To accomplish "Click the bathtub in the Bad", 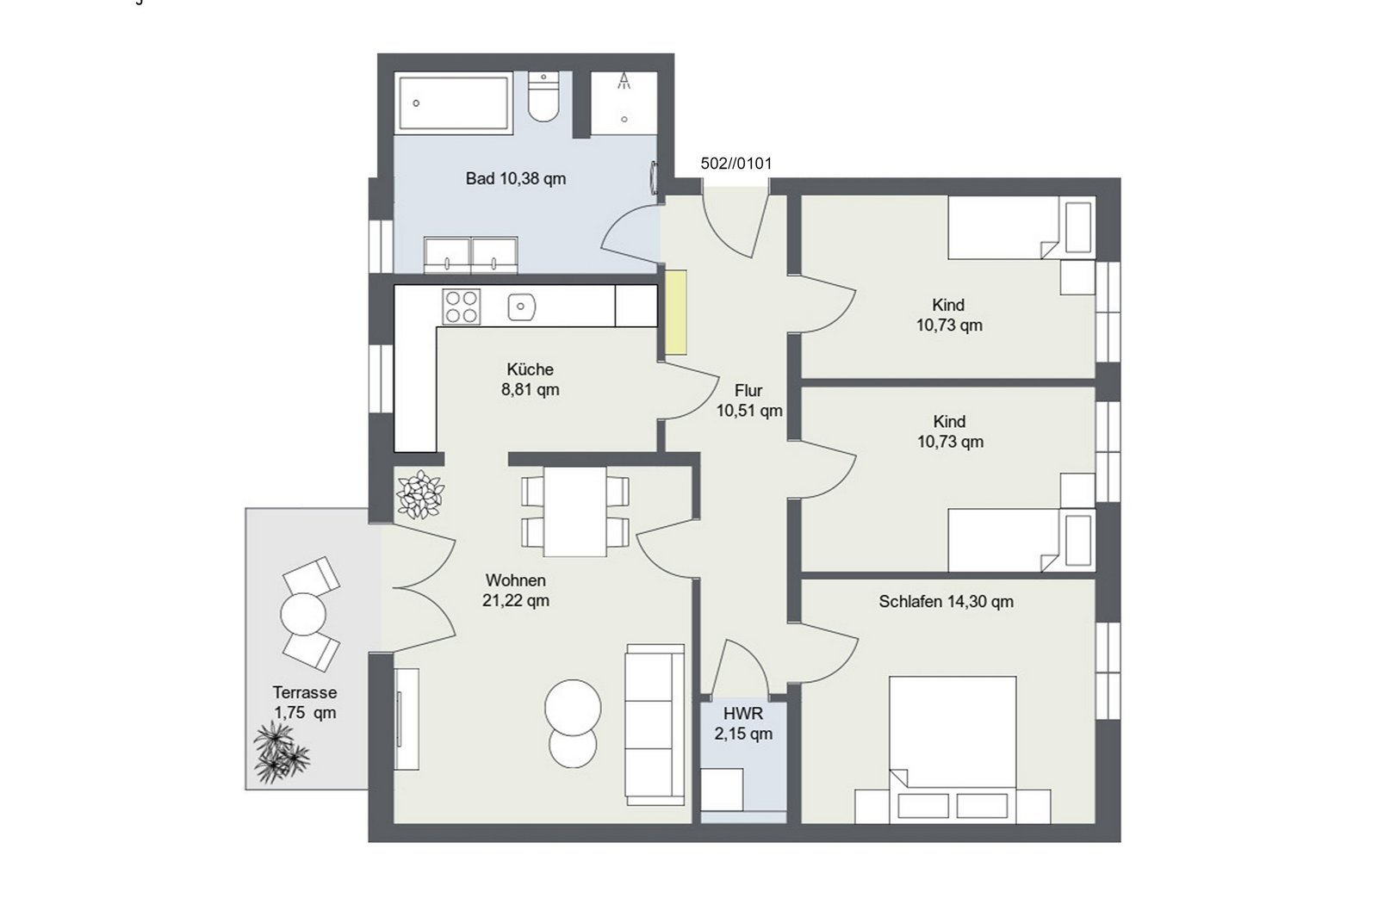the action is click(x=453, y=102).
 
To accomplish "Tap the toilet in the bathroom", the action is click(x=543, y=97).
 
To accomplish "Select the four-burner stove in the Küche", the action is click(x=462, y=307).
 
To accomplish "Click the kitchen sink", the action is click(x=522, y=307).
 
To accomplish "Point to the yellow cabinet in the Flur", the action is click(x=677, y=313).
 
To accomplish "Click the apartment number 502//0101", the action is click(x=736, y=164).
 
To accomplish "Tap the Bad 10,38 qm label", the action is click(x=516, y=179).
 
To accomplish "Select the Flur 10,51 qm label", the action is click(x=748, y=400).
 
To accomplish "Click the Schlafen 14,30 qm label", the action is click(x=947, y=602).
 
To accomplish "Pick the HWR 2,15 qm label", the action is click(x=743, y=724).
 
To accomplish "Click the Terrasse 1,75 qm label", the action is click(x=305, y=703).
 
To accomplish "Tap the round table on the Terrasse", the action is click(x=302, y=614).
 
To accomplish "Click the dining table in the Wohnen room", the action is click(x=575, y=511).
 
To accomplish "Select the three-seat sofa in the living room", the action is click(x=655, y=724).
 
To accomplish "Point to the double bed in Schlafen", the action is click(x=953, y=750).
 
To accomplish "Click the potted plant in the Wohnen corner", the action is click(x=421, y=494).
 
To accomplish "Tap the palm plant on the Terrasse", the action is click(x=281, y=753).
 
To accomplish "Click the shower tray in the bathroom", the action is click(x=624, y=102).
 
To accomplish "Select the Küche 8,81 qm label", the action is click(x=531, y=380).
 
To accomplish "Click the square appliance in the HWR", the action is click(x=723, y=790).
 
